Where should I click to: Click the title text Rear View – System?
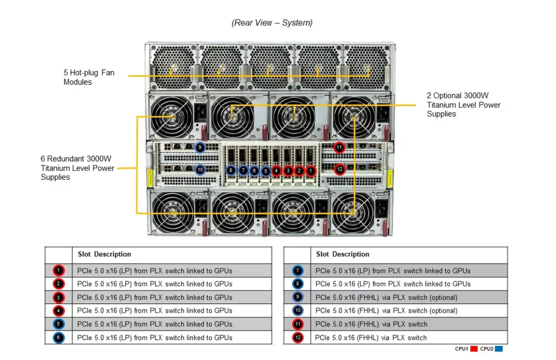[x=271, y=23]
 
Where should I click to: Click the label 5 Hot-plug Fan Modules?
[x=89, y=77]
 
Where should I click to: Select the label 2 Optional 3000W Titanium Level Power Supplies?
[x=463, y=105]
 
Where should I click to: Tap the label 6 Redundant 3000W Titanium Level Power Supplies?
[x=78, y=168]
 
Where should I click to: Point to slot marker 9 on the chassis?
[x=200, y=147]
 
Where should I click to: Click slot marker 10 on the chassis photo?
[x=200, y=170]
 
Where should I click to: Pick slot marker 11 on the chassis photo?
[x=339, y=147]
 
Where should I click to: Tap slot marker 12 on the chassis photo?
[x=339, y=169]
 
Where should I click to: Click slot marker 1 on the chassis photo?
[x=311, y=170]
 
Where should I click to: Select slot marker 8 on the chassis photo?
[x=231, y=170]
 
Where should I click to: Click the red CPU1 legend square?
[x=473, y=349]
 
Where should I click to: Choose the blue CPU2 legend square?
[x=498, y=349]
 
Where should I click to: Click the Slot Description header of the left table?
[x=104, y=254]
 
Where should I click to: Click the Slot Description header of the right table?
[x=343, y=254]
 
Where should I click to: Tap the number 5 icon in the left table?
[x=59, y=324]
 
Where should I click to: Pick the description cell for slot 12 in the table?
[x=371, y=338]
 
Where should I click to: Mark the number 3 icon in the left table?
[x=59, y=298]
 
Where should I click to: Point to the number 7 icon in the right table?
[x=298, y=270]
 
